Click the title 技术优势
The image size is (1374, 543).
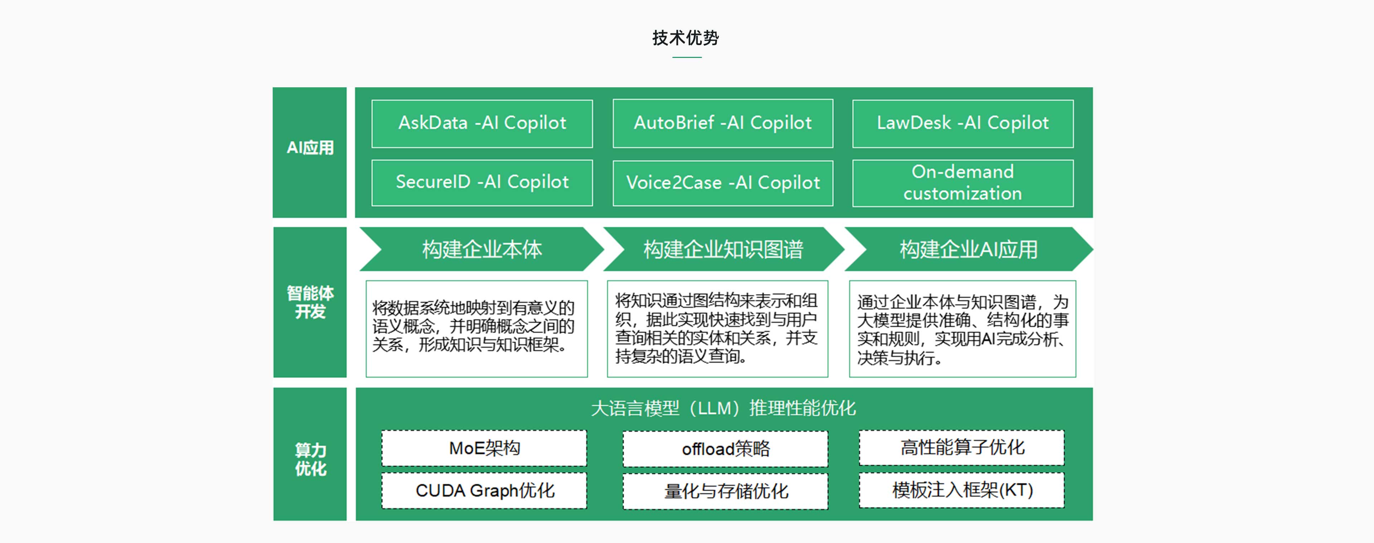coord(686,38)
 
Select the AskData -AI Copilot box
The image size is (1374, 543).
coord(482,123)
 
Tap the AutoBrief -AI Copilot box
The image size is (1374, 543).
coord(723,123)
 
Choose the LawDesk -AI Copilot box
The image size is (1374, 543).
coord(963,123)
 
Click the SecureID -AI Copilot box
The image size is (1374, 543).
coord(482,182)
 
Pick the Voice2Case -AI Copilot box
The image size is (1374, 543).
coord(723,183)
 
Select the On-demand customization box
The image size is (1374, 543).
coord(963,183)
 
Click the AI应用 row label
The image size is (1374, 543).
coord(310,148)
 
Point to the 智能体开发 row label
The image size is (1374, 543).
coord(310,302)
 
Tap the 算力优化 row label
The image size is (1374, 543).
coord(311,459)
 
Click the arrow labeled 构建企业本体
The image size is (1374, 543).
coord(482,249)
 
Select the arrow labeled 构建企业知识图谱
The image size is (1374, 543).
coord(723,249)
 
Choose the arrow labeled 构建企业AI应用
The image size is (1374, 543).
coord(969,249)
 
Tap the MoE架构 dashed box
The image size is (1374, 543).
coord(484,448)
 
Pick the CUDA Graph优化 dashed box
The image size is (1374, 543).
coord(484,490)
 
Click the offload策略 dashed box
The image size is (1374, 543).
coord(725,449)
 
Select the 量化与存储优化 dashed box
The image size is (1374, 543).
coord(725,491)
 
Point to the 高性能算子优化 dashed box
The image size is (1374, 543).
coord(962,447)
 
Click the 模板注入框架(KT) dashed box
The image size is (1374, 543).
coord(962,490)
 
